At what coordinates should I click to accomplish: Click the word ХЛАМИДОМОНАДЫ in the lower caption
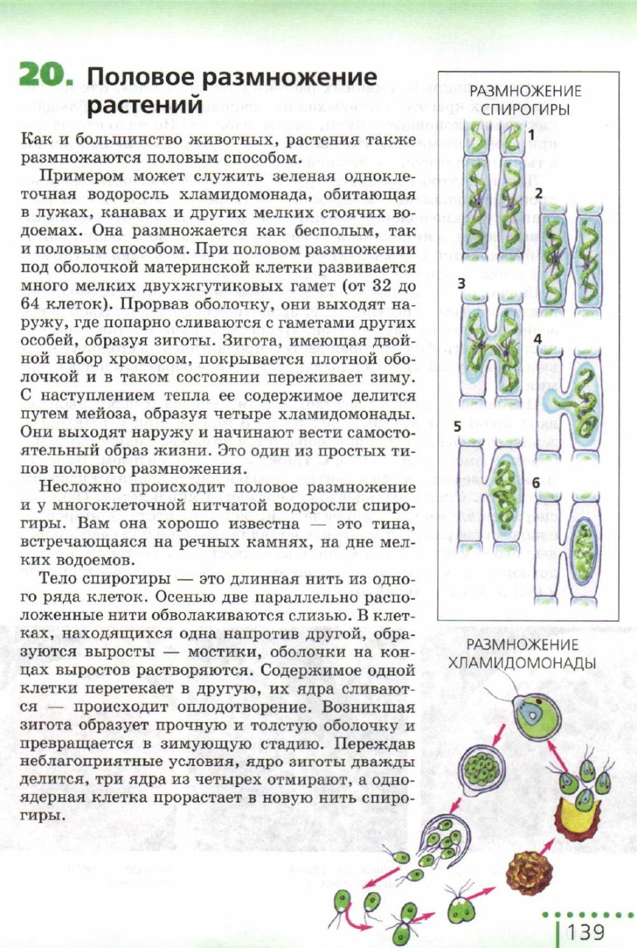tap(521, 663)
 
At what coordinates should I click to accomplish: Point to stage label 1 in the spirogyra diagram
tap(531, 133)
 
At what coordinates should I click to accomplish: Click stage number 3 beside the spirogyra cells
tap(461, 284)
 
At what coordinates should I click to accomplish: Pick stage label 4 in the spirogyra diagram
tap(538, 340)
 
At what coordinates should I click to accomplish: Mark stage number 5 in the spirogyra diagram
tap(457, 426)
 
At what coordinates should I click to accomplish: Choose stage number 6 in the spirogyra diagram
tap(536, 483)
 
